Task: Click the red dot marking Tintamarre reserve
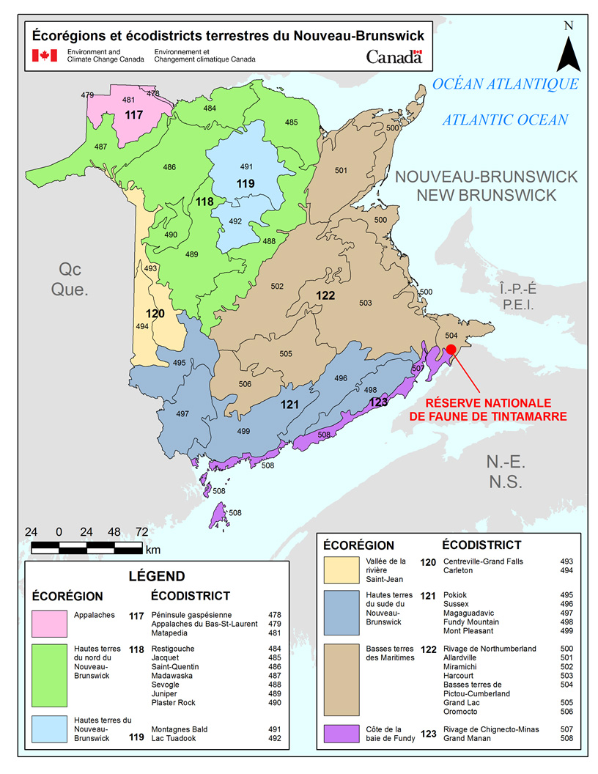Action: (x=451, y=350)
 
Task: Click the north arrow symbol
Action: (x=568, y=53)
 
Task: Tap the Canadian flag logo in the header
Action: (x=44, y=56)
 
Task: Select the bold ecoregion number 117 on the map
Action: (x=133, y=115)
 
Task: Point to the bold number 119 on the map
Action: (x=246, y=183)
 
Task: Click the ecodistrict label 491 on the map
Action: (x=246, y=166)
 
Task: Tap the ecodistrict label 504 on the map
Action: (x=451, y=334)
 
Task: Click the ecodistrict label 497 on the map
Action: (x=182, y=414)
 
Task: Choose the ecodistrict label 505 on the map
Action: (x=286, y=354)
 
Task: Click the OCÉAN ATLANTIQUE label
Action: (x=505, y=84)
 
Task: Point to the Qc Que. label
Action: (x=70, y=279)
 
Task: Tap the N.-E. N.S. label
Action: (x=506, y=472)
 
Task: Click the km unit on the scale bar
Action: (x=152, y=549)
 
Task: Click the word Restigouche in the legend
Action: (x=173, y=649)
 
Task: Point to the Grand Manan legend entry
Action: (x=468, y=738)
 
